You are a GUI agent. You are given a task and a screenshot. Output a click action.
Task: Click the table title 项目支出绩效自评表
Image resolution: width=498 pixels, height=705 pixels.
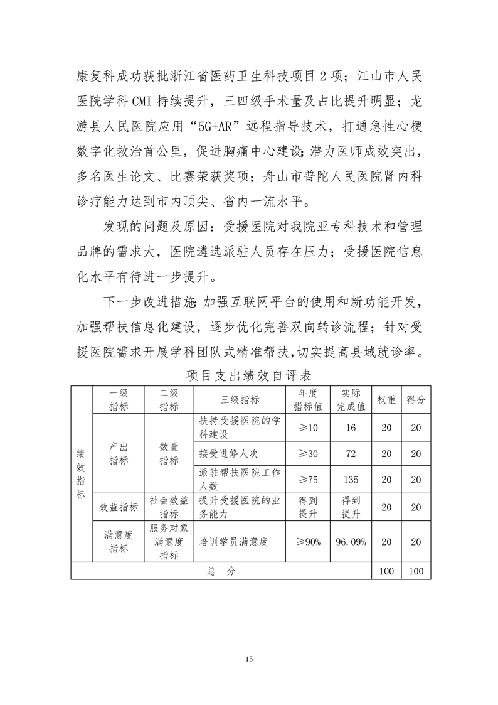pos(249,375)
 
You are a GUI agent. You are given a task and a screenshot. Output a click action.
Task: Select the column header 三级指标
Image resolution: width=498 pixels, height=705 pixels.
pos(241,400)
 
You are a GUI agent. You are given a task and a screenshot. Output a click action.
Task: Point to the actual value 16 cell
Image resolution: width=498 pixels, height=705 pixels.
pos(351,428)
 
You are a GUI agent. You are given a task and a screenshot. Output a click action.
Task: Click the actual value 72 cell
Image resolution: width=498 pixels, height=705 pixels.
pos(351,453)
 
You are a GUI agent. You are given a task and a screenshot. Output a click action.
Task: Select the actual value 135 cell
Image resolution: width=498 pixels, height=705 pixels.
pos(351,480)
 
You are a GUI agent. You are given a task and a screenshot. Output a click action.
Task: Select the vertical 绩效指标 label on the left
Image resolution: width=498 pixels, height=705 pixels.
pos(80,475)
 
